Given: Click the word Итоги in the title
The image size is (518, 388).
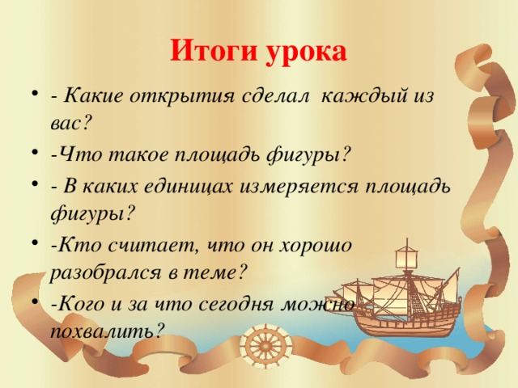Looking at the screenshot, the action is pos(214,52).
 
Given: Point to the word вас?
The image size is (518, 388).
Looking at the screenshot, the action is pos(70,124).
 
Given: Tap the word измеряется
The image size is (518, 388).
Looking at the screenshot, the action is pos(299,187).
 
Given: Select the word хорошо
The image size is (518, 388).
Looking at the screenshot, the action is pos(315,246).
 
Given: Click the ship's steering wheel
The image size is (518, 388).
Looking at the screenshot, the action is pos(265,346).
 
